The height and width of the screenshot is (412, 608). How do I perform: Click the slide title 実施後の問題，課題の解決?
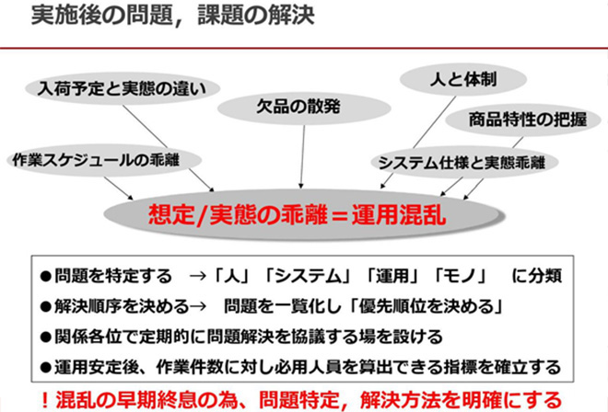172,16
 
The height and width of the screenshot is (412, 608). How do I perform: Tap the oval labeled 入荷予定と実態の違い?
123,88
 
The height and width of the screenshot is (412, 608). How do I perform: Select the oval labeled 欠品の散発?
304,108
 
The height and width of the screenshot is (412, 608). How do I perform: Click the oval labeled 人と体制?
463,79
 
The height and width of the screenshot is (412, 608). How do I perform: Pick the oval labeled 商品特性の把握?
523,120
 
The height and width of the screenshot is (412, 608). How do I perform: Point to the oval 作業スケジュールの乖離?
104,160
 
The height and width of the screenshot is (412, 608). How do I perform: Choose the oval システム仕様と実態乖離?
464,162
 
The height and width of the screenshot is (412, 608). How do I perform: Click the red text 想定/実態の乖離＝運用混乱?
297,215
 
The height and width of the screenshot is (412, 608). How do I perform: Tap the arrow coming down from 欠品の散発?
302,156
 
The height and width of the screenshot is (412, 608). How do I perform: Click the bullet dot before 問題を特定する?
46,277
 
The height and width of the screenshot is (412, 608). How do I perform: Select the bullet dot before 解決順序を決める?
46,306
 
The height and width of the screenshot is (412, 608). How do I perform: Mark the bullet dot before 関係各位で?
46,337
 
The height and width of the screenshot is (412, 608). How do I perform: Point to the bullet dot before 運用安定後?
46,367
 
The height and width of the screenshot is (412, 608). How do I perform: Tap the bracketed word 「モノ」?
461,276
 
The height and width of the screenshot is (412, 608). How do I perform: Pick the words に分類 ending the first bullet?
537,276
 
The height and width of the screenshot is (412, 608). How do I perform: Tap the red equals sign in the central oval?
340,216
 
